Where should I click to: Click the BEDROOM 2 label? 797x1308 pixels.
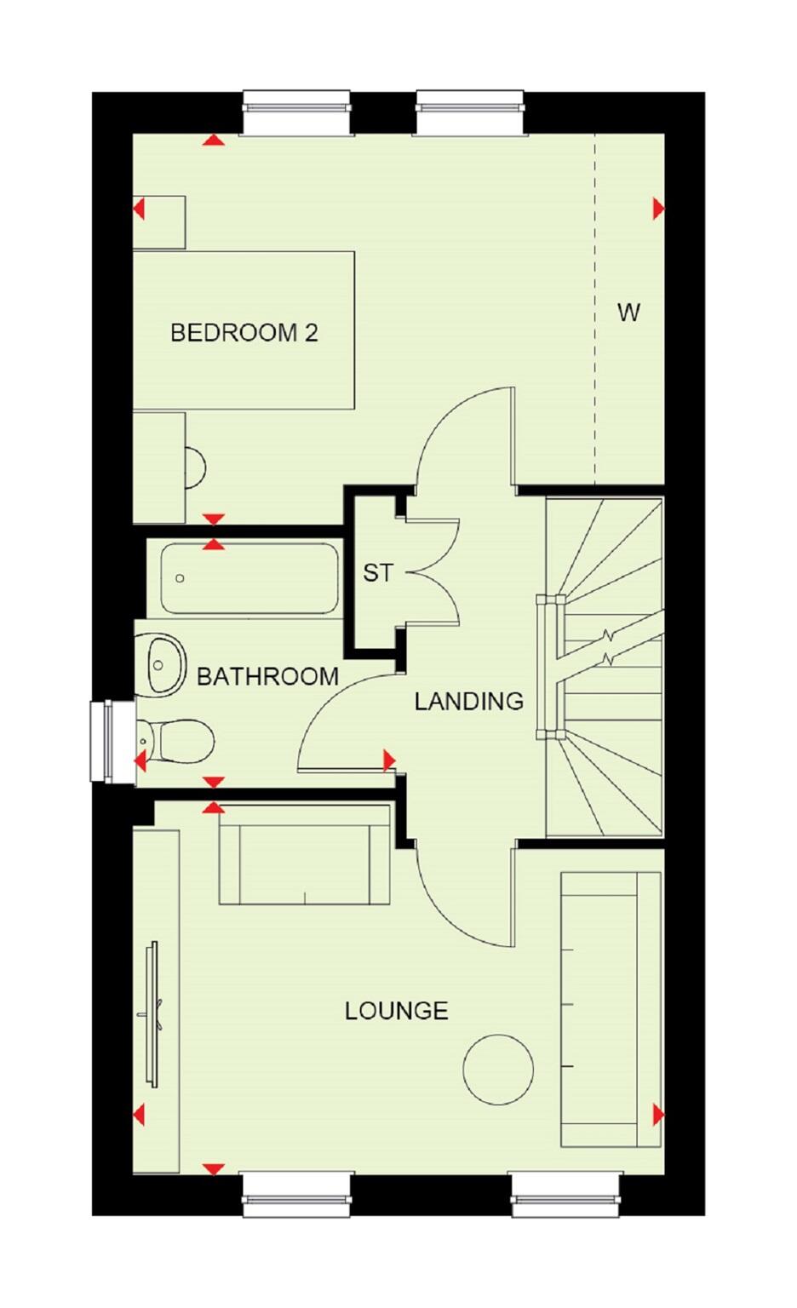pyautogui.click(x=244, y=332)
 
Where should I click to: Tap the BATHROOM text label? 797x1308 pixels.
pyautogui.click(x=267, y=677)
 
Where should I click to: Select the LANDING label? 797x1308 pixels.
pyautogui.click(x=468, y=702)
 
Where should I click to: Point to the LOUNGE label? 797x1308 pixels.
pyautogui.click(x=396, y=1011)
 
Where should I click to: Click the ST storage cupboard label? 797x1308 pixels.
pyautogui.click(x=377, y=573)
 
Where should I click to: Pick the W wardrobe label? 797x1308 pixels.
pyautogui.click(x=628, y=313)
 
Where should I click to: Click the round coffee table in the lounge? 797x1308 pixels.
pyautogui.click(x=498, y=1069)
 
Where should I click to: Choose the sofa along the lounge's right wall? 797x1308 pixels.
pyautogui.click(x=610, y=1009)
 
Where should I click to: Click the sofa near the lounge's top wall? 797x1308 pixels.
pyautogui.click(x=304, y=854)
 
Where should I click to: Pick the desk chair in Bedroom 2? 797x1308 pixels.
pyautogui.click(x=195, y=468)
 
